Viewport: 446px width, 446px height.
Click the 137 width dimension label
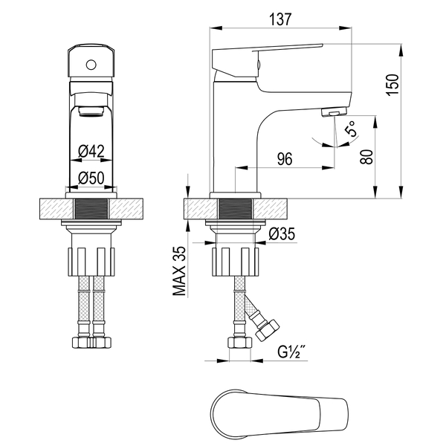[280, 19]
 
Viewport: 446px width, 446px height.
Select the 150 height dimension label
[392, 85]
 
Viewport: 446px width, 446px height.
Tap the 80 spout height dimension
[366, 157]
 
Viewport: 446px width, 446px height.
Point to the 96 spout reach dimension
[285, 159]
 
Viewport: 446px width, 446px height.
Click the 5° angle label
[350, 129]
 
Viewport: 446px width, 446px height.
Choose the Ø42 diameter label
[91, 151]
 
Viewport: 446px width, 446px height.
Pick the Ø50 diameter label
[91, 178]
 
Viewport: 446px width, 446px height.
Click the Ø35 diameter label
[282, 234]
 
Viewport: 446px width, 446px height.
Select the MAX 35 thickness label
[179, 271]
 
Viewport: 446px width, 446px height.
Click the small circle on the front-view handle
[91, 65]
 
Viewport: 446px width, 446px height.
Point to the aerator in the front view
[91, 111]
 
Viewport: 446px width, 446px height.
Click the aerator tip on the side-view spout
[334, 112]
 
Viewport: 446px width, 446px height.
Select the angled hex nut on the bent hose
[268, 329]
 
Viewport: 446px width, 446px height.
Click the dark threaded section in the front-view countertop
[91, 209]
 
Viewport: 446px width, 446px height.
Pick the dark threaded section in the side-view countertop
[235, 209]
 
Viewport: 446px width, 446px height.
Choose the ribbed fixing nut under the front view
[91, 262]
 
